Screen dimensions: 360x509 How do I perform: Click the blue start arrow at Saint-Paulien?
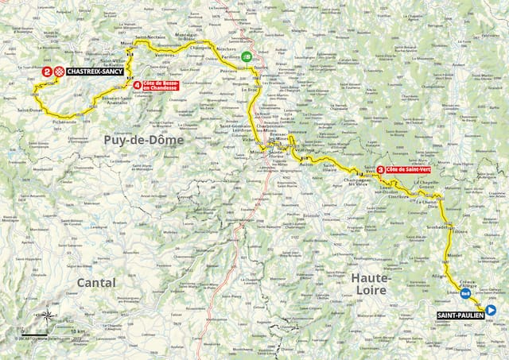[x=491, y=311]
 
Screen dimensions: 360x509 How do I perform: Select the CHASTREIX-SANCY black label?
[x=93, y=72]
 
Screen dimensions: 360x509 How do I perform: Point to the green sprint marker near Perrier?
[x=248, y=56]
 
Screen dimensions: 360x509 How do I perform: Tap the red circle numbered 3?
[x=381, y=168]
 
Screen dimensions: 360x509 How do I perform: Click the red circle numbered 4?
[x=138, y=85]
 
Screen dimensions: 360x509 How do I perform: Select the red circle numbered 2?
[x=47, y=72]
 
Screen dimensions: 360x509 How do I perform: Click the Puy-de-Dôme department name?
[x=143, y=139]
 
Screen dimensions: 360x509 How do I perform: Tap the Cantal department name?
[x=96, y=282]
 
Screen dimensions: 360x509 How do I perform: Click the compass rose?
[x=45, y=315]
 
